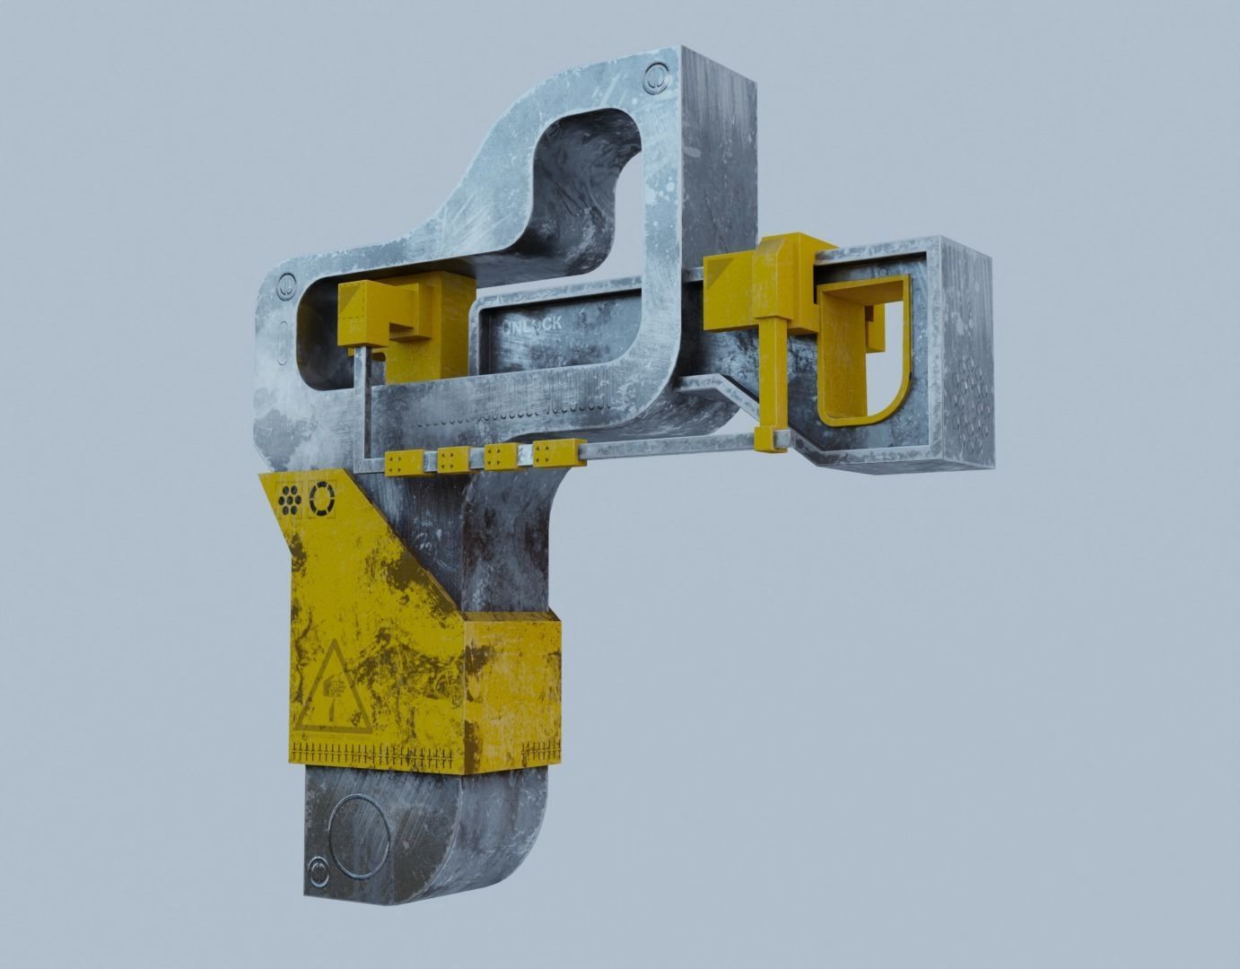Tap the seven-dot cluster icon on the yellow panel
[289, 500]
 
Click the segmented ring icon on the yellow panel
[320, 500]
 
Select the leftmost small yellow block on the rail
[396, 462]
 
